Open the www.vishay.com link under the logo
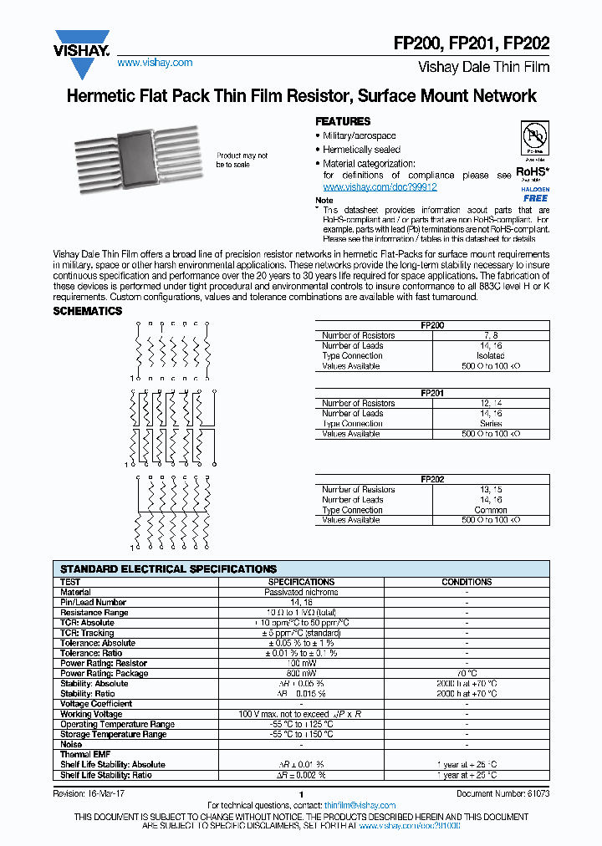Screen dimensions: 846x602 point(155,63)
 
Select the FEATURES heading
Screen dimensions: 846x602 point(342,121)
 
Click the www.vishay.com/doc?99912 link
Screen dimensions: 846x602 point(380,187)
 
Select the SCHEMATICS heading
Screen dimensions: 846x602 point(88,311)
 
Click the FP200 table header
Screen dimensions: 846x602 point(432,325)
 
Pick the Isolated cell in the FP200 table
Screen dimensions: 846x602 point(490,355)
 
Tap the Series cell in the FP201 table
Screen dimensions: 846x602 point(490,424)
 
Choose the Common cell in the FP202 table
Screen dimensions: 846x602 point(490,510)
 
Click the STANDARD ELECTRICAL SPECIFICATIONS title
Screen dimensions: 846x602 point(168,568)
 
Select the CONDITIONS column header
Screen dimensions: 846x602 point(467,582)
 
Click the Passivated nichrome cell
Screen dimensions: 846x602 point(301,592)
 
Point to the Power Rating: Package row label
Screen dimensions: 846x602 point(105,673)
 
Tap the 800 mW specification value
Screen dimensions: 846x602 point(301,673)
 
